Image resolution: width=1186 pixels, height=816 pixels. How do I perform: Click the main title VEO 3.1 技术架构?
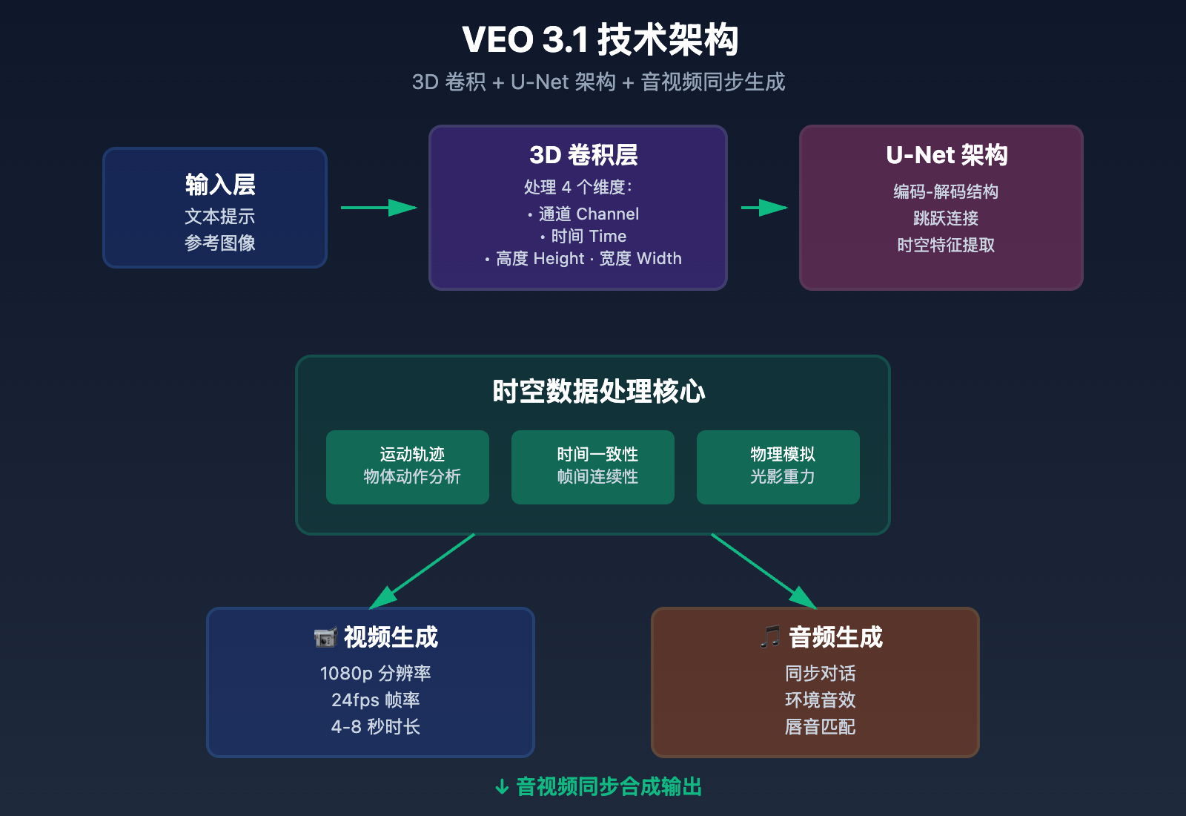coord(600,40)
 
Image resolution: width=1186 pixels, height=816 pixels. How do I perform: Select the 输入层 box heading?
coord(220,184)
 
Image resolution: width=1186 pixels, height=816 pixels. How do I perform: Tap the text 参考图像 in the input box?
coord(220,243)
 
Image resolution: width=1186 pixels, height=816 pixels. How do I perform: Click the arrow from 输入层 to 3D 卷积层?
coord(379,208)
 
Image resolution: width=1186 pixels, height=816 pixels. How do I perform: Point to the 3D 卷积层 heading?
coord(583,155)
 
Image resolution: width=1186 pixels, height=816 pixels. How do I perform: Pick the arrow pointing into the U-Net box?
coord(764,208)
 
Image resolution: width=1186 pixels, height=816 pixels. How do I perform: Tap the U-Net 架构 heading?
coord(947,155)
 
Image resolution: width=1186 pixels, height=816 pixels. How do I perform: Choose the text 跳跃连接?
coord(946,219)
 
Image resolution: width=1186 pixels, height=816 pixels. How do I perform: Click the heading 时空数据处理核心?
coord(599,392)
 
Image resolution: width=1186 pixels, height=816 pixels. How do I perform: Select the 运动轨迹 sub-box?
coord(408,467)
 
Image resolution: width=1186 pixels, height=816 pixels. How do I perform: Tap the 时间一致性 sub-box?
coord(593,467)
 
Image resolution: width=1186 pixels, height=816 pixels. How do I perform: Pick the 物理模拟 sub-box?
coord(778,467)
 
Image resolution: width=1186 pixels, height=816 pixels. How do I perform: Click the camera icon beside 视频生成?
coord(325,638)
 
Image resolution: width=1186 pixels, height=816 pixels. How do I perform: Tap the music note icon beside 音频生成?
coord(770,636)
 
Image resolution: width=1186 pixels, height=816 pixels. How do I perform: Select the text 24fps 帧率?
coord(376,700)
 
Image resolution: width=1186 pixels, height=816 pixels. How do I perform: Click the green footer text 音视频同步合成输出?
coord(608,787)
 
